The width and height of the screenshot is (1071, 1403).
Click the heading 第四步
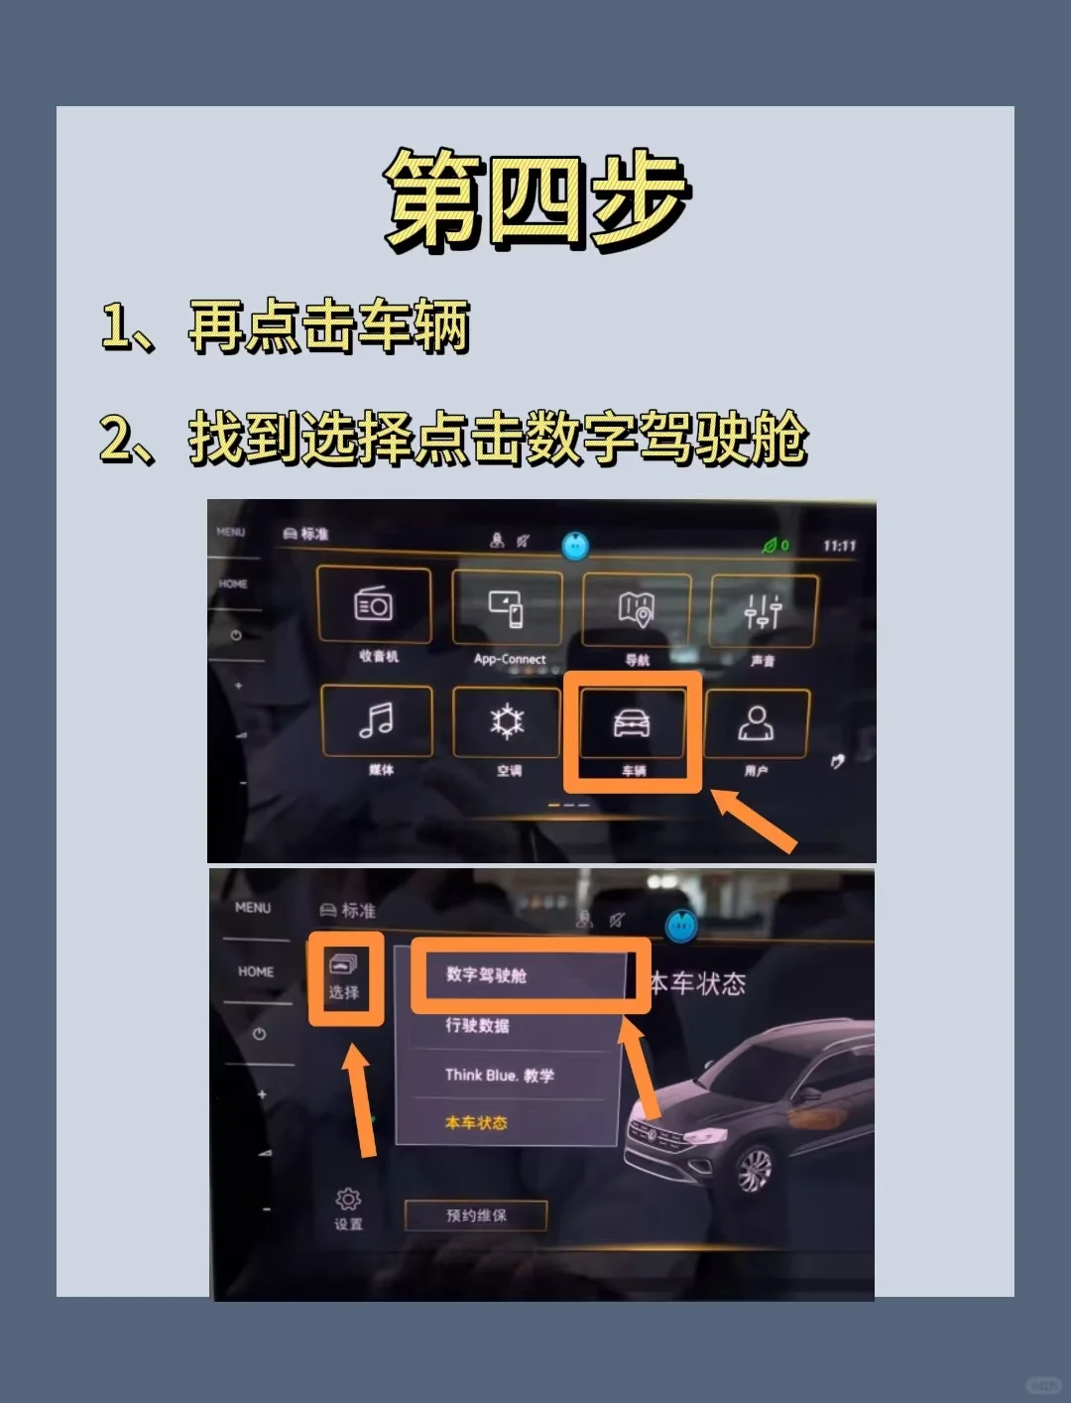tap(535, 198)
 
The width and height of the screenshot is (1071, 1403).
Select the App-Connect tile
tap(507, 608)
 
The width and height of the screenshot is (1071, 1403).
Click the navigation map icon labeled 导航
tap(636, 608)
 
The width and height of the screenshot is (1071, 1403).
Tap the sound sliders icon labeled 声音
tap(763, 612)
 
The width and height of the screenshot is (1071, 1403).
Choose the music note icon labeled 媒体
tap(376, 720)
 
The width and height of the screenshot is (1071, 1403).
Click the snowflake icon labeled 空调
tap(507, 722)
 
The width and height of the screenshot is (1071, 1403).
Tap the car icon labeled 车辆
tap(632, 724)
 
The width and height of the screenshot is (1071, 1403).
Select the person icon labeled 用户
tap(756, 724)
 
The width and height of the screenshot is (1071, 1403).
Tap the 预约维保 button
tap(476, 1215)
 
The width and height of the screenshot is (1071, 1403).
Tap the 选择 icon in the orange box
tap(344, 976)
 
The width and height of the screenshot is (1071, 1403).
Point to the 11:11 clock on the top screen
tap(839, 546)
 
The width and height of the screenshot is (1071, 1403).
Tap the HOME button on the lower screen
tap(256, 971)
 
